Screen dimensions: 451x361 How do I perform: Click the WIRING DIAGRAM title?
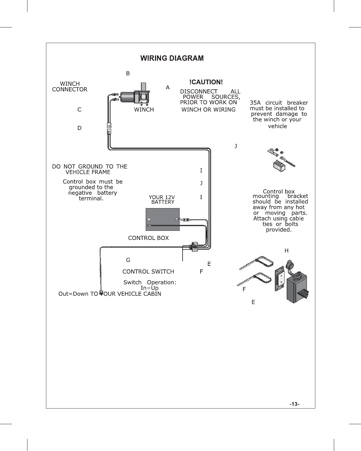[x=172, y=58]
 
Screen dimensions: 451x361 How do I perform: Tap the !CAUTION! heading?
[x=206, y=82]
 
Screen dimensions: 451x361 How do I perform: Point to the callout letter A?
[x=168, y=88]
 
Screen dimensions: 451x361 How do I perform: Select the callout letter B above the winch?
[x=128, y=73]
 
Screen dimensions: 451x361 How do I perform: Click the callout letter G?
[x=128, y=260]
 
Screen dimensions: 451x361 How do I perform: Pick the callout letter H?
[x=286, y=251]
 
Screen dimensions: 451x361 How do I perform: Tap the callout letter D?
[x=79, y=128]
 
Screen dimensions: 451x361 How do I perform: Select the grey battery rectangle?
[x=163, y=219]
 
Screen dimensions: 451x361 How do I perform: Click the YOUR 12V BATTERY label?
[x=162, y=200]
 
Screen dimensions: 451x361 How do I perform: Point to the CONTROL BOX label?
[x=148, y=238]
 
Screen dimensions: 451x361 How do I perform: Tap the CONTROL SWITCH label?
[x=148, y=271]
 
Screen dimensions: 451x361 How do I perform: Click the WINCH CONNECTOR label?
[x=70, y=87]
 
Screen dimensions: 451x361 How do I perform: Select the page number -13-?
[x=294, y=404]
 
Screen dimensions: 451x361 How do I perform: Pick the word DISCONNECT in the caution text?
[x=199, y=91]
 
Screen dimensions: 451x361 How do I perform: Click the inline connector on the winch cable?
[x=109, y=129]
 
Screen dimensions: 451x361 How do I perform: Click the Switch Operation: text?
[x=150, y=282]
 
